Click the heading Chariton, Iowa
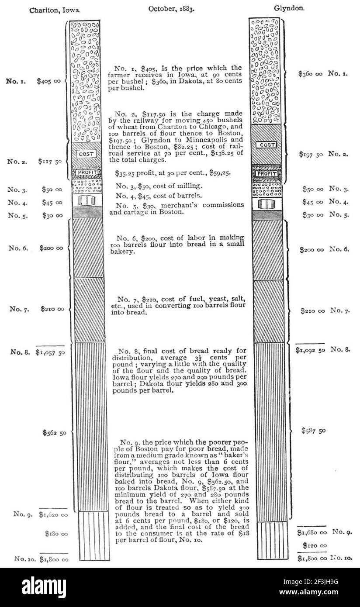click(x=55, y=10)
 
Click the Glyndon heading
click(x=289, y=8)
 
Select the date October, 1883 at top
click(x=171, y=9)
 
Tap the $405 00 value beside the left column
click(x=49, y=81)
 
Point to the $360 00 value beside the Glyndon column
click(x=310, y=73)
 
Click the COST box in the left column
click(x=86, y=154)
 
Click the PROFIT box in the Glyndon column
click(x=267, y=173)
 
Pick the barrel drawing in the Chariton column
click(x=87, y=200)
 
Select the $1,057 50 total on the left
click(x=50, y=352)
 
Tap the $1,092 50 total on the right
click(x=310, y=350)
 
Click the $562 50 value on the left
click(x=54, y=433)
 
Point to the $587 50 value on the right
click(x=313, y=431)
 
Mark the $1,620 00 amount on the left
click(x=53, y=514)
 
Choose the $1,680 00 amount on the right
click(x=312, y=532)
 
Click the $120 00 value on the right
click(x=315, y=545)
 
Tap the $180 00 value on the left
click(x=56, y=534)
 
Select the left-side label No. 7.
click(x=20, y=309)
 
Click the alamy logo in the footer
click(x=44, y=587)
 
